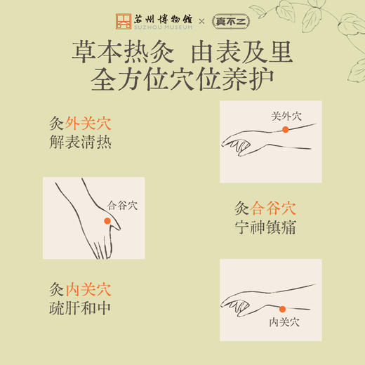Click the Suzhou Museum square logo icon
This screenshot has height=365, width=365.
tap(124, 21)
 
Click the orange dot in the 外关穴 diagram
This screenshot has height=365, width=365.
tap(286, 130)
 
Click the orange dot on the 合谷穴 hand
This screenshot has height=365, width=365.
tap(107, 221)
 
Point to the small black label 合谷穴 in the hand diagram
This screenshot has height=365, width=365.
tap(122, 206)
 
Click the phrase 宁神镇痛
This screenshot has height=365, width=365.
tap(265, 228)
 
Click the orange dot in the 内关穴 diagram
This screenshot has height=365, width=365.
tap(282, 309)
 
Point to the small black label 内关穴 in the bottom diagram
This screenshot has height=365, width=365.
tap(284, 322)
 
